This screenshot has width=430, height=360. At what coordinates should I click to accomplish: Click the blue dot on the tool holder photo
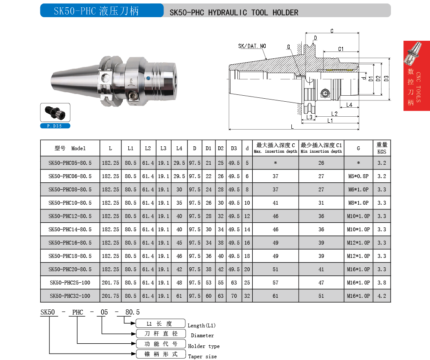(x=148, y=79)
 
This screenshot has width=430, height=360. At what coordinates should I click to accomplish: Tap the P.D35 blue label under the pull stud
(x=55, y=126)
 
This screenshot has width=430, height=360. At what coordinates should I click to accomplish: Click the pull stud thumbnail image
(x=55, y=112)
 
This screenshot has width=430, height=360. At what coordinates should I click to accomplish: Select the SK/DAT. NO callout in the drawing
(x=252, y=46)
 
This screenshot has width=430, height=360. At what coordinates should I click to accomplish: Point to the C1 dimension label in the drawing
(x=341, y=49)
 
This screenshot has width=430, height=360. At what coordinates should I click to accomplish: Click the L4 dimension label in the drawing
(x=349, y=105)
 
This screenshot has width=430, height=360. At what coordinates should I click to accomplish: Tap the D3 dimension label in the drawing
(x=386, y=79)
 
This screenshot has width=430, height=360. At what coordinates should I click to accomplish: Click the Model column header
(x=70, y=148)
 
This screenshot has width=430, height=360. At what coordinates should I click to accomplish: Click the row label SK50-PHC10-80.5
(x=70, y=203)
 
